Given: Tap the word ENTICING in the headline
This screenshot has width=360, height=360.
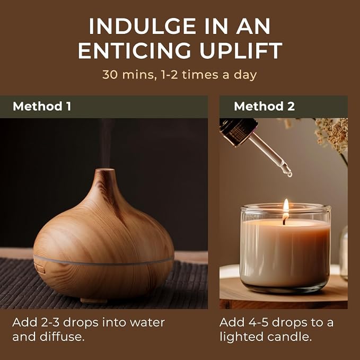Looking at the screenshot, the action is pyautogui.click(x=134, y=50).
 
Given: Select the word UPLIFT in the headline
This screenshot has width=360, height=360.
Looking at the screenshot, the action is pyautogui.click(x=241, y=50).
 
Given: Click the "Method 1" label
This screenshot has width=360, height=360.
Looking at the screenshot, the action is pyautogui.click(x=42, y=106).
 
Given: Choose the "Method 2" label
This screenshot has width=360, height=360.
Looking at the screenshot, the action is pyautogui.click(x=264, y=106).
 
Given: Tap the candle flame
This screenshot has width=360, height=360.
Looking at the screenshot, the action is pyautogui.click(x=286, y=206).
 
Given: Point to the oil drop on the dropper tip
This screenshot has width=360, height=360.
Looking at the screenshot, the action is pyautogui.click(x=289, y=174).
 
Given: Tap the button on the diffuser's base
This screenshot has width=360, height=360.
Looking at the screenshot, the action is pyautogui.click(x=39, y=269).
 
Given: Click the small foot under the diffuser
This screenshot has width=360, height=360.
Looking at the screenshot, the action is pyautogui.click(x=94, y=300).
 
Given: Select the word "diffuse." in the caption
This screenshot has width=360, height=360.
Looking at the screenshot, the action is pyautogui.click(x=61, y=337).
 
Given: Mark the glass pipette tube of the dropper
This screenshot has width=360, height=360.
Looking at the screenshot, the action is pyautogui.click(x=269, y=153).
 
